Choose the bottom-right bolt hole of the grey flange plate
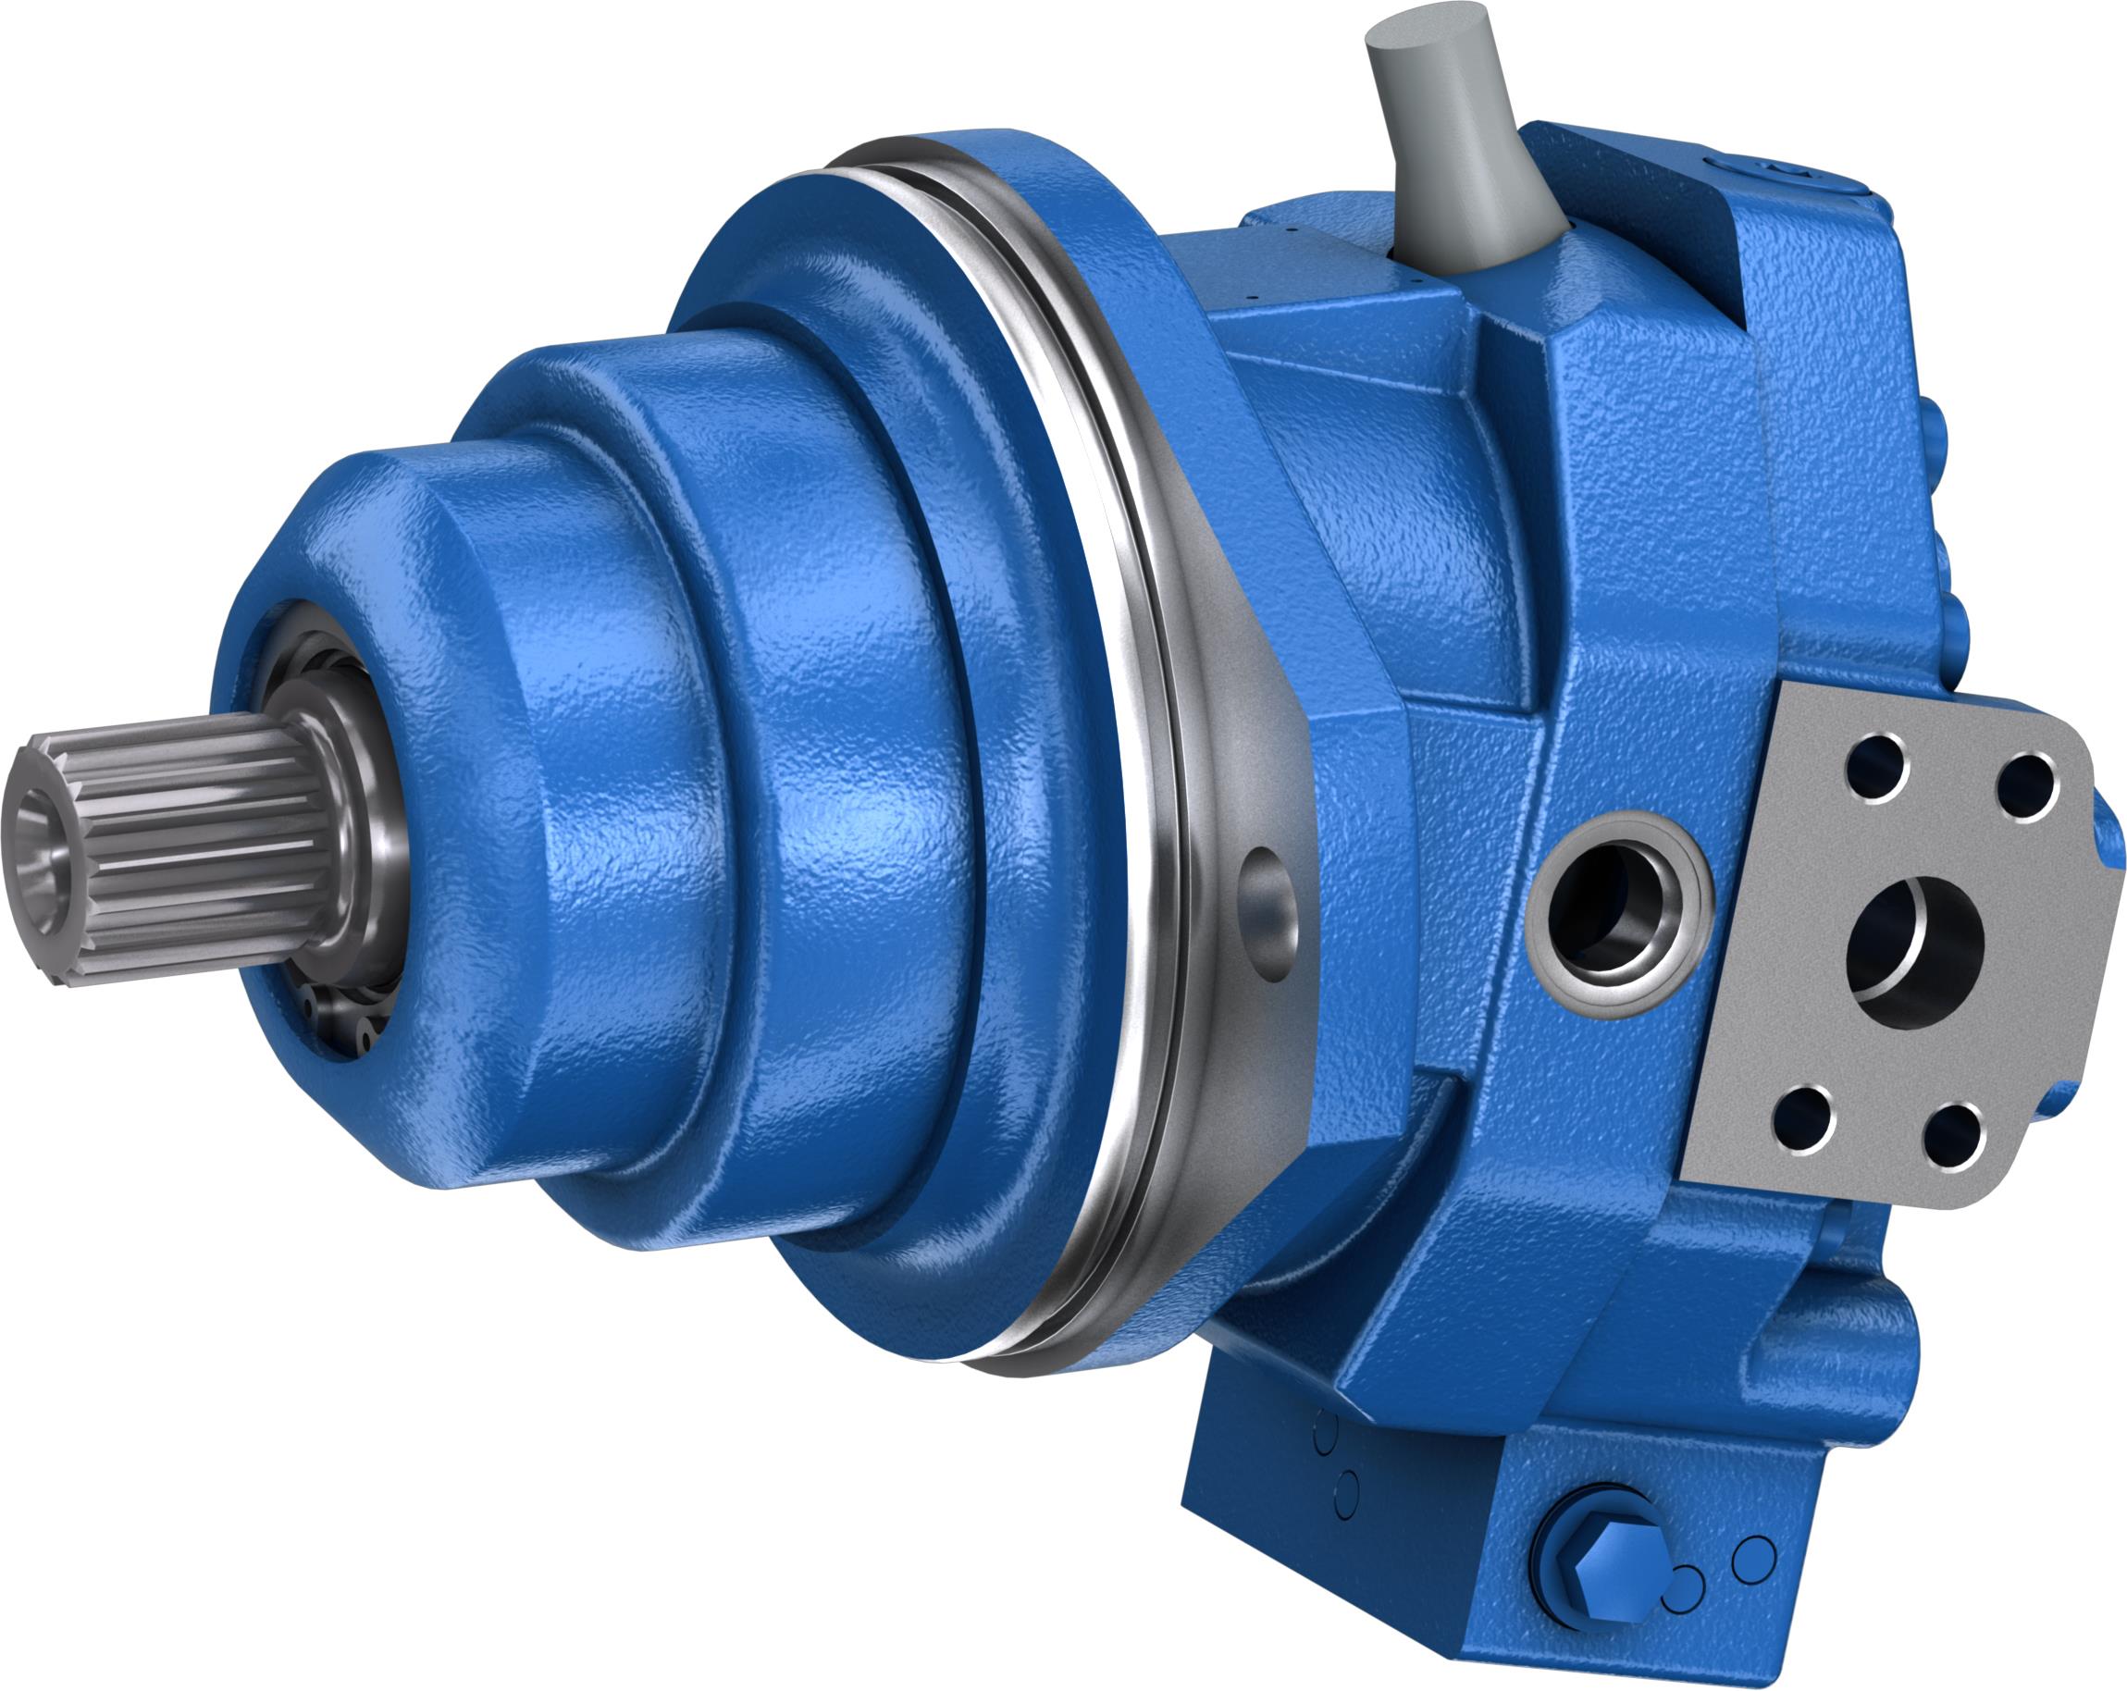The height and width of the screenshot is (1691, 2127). [x=1953, y=1137]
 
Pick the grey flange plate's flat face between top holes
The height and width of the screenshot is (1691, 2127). [x=1948, y=770]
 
